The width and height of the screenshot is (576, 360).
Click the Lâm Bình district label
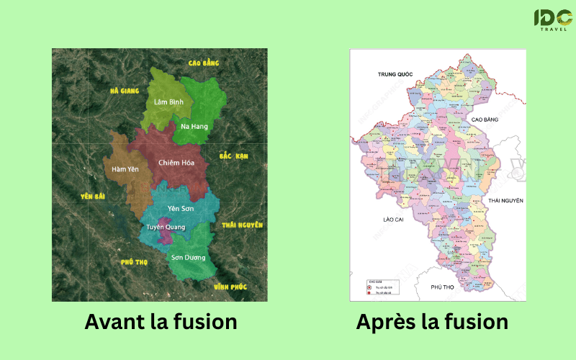click(169, 102)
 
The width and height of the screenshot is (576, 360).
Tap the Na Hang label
click(194, 127)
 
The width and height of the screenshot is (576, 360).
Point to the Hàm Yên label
click(125, 170)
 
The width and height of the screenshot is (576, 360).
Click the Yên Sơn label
click(181, 208)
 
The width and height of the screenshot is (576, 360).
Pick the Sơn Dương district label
click(189, 257)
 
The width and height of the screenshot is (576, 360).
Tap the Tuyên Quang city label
click(166, 227)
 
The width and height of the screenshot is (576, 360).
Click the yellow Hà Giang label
click(124, 91)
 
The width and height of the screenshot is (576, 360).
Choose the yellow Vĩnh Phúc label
click(230, 287)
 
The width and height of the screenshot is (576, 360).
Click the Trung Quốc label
click(398, 74)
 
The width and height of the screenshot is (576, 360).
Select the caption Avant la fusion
click(161, 322)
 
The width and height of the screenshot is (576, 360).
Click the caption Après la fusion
click(432, 322)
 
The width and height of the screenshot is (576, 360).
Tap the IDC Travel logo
click(552, 19)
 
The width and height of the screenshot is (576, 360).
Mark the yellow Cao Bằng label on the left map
click(203, 63)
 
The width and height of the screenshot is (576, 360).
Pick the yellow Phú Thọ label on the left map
click(135, 262)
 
